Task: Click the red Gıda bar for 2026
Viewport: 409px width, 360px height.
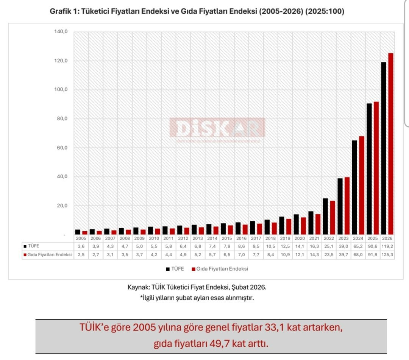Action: click(391, 144)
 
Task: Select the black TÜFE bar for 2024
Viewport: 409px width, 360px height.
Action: click(354, 187)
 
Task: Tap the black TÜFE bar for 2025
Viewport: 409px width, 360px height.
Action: click(369, 169)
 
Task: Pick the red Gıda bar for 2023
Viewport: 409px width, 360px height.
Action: click(347, 206)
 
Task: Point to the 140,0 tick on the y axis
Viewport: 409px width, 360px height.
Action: click(61, 32)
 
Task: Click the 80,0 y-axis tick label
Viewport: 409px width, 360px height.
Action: click(61, 119)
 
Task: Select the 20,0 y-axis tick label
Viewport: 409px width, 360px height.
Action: click(61, 206)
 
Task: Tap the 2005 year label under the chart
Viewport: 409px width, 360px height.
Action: click(81, 238)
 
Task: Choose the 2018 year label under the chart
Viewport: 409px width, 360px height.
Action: click(270, 238)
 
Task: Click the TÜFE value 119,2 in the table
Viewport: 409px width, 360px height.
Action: click(387, 246)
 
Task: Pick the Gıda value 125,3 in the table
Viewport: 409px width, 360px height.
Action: click(387, 254)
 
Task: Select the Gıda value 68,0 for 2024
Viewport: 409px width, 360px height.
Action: click(358, 254)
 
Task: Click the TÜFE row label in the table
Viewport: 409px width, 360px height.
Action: click(34, 246)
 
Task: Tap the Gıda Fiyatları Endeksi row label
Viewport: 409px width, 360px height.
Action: click(50, 254)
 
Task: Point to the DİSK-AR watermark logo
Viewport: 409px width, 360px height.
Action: click(217, 128)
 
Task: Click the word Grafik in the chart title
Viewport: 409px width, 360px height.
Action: click(61, 12)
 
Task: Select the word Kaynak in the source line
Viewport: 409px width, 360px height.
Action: click(138, 287)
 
